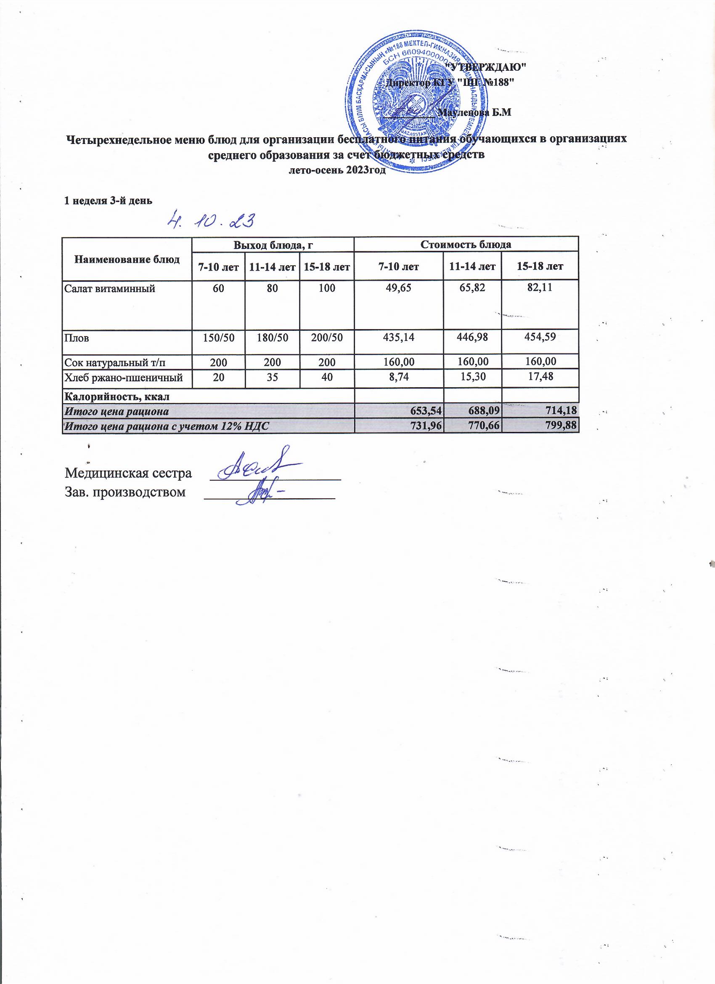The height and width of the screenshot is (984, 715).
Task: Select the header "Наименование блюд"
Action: (x=127, y=259)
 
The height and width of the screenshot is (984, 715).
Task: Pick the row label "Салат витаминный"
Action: (x=110, y=287)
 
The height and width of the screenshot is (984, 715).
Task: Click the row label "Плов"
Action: (x=77, y=338)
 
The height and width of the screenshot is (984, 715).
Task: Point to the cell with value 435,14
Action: (x=398, y=338)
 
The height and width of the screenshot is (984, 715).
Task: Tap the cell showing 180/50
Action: (x=272, y=338)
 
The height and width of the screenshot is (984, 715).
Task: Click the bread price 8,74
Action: (x=398, y=378)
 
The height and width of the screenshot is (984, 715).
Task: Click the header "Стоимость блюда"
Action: (x=466, y=244)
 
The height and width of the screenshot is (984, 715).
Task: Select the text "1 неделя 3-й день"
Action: (x=108, y=200)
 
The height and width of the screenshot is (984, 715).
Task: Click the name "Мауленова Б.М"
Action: (x=475, y=113)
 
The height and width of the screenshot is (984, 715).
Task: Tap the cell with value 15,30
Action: (x=472, y=378)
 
